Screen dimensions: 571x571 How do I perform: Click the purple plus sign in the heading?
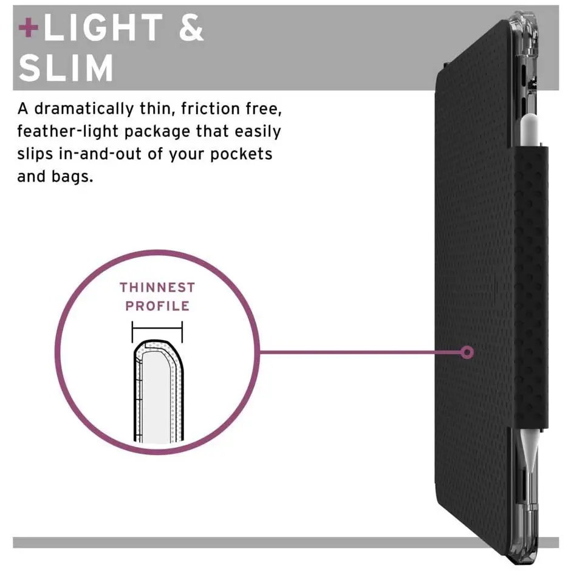click(29, 27)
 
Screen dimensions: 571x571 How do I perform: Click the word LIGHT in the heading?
click(103, 27)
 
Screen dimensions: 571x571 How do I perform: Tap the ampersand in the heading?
click(191, 27)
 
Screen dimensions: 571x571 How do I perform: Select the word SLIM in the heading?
click(66, 68)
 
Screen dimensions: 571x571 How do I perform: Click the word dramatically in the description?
click(84, 109)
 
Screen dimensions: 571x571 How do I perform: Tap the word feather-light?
click(68, 131)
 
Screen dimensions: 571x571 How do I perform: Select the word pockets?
click(241, 154)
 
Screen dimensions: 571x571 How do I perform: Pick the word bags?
click(72, 177)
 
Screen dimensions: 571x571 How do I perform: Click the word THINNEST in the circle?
click(157, 287)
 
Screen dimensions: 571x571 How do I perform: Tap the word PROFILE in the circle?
click(157, 306)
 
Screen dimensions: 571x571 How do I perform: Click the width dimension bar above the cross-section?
click(157, 329)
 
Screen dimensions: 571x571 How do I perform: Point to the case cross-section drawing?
click(159, 391)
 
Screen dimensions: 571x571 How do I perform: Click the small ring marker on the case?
click(467, 352)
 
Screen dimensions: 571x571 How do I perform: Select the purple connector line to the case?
click(360, 352)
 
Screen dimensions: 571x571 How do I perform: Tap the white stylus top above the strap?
click(530, 131)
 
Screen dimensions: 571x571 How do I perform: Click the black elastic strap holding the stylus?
click(530, 288)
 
